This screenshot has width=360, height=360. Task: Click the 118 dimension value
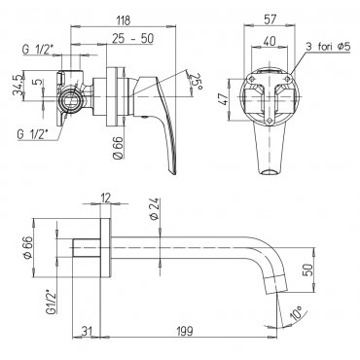[124, 20]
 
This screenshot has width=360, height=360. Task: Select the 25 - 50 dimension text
[133, 39]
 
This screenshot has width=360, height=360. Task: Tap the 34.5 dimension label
[18, 86]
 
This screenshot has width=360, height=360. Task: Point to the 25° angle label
[194, 82]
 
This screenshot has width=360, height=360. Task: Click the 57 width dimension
[270, 19]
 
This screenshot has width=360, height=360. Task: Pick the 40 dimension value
[270, 41]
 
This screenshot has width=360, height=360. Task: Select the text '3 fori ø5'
[328, 47]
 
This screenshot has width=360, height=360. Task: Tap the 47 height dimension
[224, 99]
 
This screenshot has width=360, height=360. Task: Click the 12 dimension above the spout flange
[106, 198]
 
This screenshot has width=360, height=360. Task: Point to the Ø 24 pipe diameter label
[154, 209]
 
